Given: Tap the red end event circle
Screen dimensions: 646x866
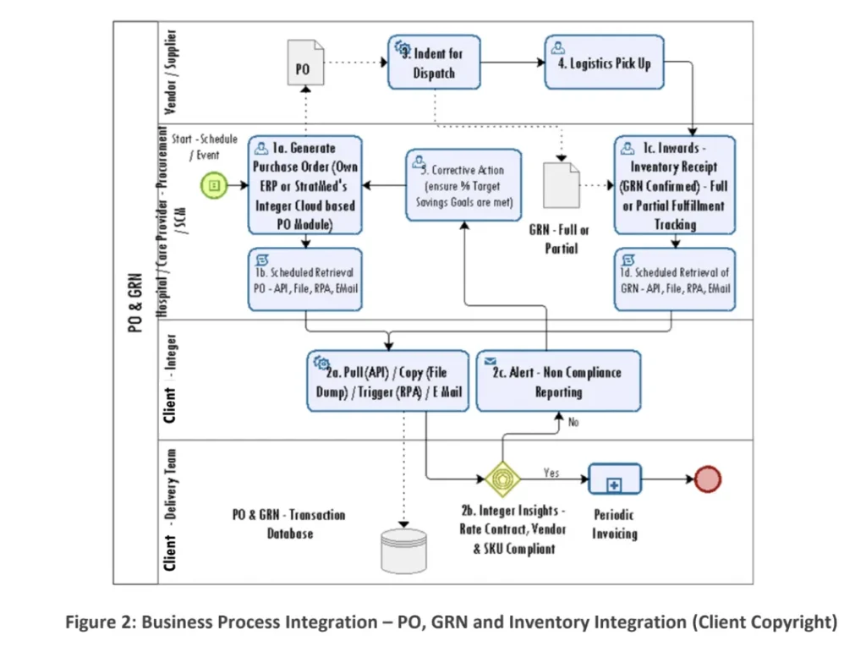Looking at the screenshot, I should [707, 479].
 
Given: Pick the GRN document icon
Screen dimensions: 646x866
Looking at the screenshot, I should [561, 184].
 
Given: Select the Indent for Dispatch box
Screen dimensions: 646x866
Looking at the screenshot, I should [435, 62].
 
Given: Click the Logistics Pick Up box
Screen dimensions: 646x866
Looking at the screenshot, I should [603, 63].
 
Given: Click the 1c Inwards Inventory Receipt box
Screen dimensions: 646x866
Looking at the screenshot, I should [674, 184].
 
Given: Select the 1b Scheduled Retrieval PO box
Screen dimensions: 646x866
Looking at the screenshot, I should [304, 278].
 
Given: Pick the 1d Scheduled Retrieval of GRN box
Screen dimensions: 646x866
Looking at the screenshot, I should [674, 278].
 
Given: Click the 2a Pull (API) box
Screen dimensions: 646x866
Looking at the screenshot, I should [388, 380].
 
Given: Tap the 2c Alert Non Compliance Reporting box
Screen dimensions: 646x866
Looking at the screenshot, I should [558, 380].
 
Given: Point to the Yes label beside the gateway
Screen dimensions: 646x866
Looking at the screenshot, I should [551, 473].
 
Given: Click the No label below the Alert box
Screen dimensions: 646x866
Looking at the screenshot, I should [573, 423].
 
